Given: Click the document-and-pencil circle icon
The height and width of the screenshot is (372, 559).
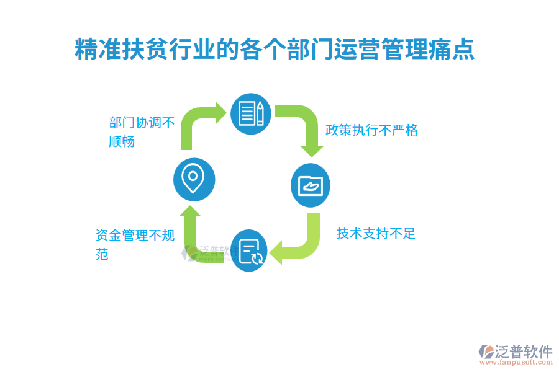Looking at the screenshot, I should tap(251, 114).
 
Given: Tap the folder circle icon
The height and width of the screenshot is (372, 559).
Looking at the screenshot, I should tap(311, 185).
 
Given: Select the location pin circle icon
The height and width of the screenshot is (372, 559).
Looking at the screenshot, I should tap(194, 179).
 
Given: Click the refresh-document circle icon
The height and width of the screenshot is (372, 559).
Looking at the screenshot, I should tap(251, 250).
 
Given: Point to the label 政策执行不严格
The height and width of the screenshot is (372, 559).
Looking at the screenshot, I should tap(371, 130).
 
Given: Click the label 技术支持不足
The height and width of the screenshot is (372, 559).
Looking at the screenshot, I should tap(376, 233).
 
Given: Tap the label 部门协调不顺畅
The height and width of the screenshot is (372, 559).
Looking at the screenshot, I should tap(142, 131).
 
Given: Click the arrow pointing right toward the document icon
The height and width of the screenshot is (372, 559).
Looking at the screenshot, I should tap(199, 124).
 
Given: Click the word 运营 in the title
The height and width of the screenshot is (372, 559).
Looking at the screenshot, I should tap(354, 50).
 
